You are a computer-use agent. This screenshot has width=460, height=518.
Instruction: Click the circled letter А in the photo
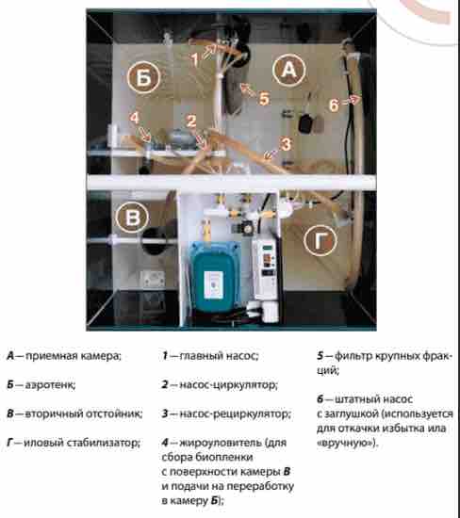tap(288, 70)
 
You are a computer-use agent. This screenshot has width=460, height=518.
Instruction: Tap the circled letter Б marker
tap(143, 77)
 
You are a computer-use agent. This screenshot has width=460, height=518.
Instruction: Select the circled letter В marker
tap(132, 218)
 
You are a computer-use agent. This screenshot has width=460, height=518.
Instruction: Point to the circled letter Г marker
tap(320, 240)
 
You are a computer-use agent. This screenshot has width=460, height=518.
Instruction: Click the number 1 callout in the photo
tap(195, 59)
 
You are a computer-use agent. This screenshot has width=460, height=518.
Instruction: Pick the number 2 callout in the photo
tap(191, 121)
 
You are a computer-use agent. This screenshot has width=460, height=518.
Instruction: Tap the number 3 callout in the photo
tap(286, 144)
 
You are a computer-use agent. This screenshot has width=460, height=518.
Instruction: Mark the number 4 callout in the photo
tap(134, 118)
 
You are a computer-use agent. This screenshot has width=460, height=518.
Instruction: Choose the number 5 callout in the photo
tap(264, 99)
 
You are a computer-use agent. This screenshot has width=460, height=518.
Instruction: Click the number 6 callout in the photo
tap(334, 105)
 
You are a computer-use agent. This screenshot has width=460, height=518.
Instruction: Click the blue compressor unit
tap(214, 277)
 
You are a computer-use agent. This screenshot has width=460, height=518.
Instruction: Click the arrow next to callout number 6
tap(351, 100)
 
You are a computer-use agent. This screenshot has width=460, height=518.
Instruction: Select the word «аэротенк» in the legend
tap(50, 385)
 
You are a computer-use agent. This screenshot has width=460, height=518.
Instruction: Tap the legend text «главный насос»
tap(219, 356)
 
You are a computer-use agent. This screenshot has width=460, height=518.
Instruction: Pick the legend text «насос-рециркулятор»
tap(235, 413)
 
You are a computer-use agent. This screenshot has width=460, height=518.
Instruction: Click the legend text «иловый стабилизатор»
tap(82, 443)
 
